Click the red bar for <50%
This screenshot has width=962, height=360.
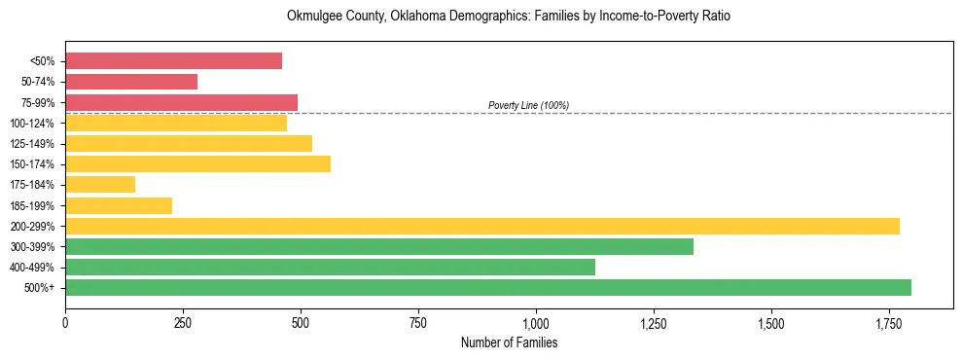pyautogui.click(x=173, y=61)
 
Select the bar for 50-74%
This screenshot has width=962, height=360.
pyautogui.click(x=131, y=82)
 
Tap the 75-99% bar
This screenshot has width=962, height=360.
pyautogui.click(x=181, y=102)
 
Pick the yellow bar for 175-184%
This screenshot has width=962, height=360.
pyautogui.click(x=100, y=184)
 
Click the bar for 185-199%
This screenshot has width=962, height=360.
pyautogui.click(x=119, y=205)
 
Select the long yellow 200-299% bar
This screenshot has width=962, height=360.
pyautogui.click(x=482, y=226)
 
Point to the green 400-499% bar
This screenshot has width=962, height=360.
pyautogui.click(x=330, y=267)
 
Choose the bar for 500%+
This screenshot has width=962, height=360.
pyautogui.click(x=488, y=287)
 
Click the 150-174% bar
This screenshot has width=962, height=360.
pyautogui.click(x=197, y=163)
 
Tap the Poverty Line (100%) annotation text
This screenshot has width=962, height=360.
pyautogui.click(x=528, y=105)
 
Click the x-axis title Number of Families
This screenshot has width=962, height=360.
pyautogui.click(x=509, y=342)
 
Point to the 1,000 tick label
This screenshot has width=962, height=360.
pyautogui.click(x=536, y=322)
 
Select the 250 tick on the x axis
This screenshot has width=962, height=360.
pyautogui.click(x=183, y=322)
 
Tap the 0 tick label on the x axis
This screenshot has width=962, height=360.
pyautogui.click(x=65, y=322)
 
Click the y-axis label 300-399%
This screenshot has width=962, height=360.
pyautogui.click(x=33, y=246)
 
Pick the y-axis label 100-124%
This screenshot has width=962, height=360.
pyautogui.click(x=33, y=123)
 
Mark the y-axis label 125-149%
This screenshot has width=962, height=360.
pyautogui.click(x=33, y=144)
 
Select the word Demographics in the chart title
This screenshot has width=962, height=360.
pyautogui.click(x=461, y=17)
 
